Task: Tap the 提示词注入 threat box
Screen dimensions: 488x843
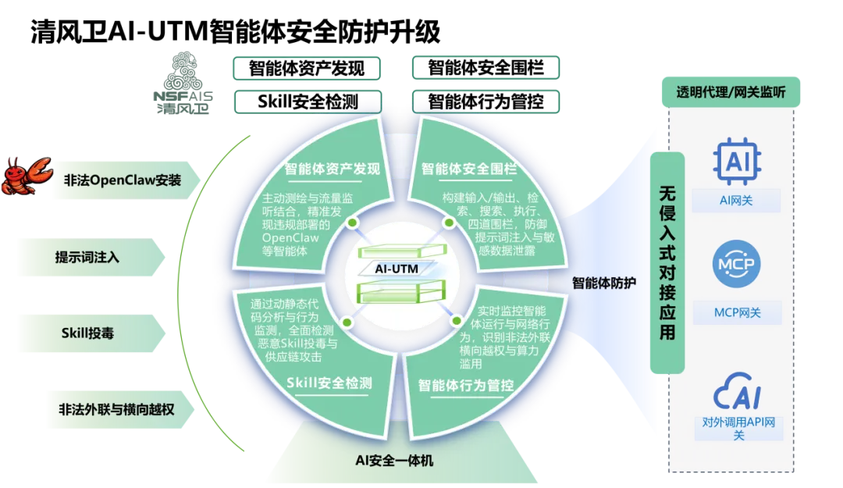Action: [87, 257]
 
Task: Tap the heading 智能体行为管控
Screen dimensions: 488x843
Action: [466, 385]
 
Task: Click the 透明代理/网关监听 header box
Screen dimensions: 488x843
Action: [731, 94]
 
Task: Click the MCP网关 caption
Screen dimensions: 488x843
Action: [737, 314]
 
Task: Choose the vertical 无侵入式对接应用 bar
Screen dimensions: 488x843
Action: [667, 262]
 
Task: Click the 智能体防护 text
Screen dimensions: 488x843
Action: [603, 282]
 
